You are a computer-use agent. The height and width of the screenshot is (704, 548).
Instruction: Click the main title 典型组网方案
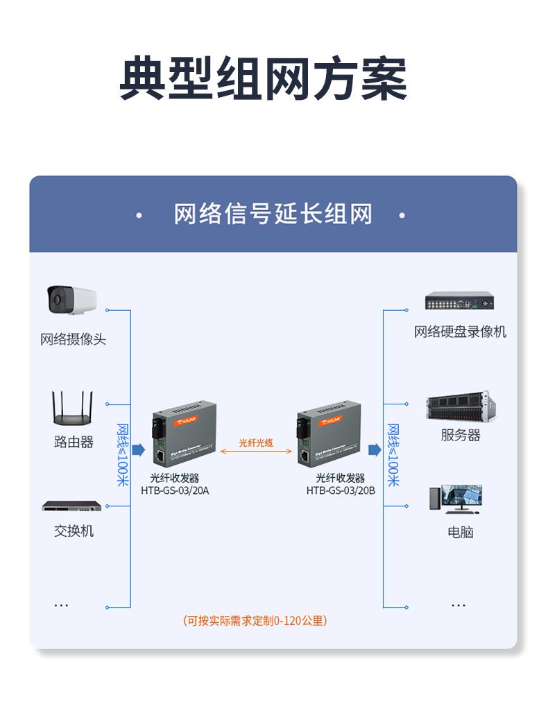click(x=264, y=78)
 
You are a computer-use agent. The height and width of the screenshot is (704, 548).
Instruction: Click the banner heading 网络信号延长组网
click(x=273, y=214)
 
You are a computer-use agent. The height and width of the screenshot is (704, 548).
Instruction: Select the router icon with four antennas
click(x=72, y=409)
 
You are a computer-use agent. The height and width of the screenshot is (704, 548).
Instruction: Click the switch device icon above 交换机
click(x=71, y=506)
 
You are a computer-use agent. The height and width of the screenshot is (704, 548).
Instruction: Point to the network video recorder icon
click(x=460, y=302)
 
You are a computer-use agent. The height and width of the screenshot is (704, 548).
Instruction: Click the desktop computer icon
click(x=456, y=499)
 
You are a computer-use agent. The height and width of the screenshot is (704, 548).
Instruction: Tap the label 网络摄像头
click(x=73, y=339)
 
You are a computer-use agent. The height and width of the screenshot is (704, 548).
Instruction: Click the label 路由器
click(x=74, y=442)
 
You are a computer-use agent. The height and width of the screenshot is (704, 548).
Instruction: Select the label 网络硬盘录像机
click(x=460, y=332)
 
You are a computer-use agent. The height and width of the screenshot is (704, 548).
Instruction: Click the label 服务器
click(x=460, y=436)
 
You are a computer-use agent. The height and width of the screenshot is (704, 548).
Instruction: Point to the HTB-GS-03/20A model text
click(x=174, y=490)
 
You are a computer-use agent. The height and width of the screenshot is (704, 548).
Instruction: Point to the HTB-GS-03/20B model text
click(x=341, y=490)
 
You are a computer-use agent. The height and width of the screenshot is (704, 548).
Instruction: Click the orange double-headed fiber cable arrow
click(x=256, y=452)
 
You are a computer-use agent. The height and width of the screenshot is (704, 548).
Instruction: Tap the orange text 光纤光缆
click(x=256, y=442)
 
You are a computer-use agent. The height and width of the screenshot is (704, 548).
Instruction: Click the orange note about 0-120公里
click(x=255, y=621)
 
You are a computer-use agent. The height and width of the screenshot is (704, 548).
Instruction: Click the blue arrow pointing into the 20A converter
click(x=138, y=450)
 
